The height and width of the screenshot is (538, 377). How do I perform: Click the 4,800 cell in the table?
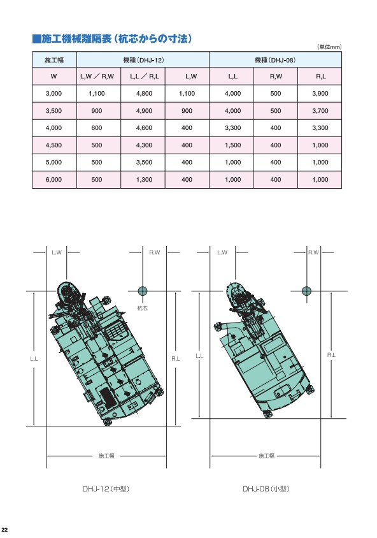[144, 93]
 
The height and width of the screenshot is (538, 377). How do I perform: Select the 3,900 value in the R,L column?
[320, 93]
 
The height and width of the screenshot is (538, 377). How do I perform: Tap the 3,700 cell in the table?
[320, 111]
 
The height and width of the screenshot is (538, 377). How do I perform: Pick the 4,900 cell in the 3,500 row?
[144, 111]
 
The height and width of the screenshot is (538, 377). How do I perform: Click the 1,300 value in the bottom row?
[144, 180]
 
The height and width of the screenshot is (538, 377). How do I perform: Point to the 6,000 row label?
[53, 180]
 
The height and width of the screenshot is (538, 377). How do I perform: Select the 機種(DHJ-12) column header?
[143, 60]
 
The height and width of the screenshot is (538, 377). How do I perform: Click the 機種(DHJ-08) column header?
[275, 60]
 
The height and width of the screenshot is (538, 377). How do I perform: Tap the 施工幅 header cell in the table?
[54, 60]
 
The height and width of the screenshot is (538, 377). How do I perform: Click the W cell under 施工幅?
[53, 76]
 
